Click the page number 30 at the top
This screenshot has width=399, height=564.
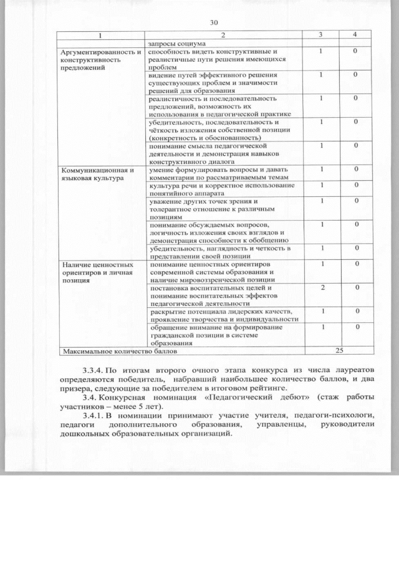coord(213,23)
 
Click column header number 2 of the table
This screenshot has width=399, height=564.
coord(222,35)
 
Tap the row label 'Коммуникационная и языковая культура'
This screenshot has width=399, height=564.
coord(97,174)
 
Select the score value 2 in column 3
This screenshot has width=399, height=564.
coord(322,288)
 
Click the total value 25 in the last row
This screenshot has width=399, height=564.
coord(340,350)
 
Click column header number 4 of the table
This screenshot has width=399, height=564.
coord(354,35)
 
